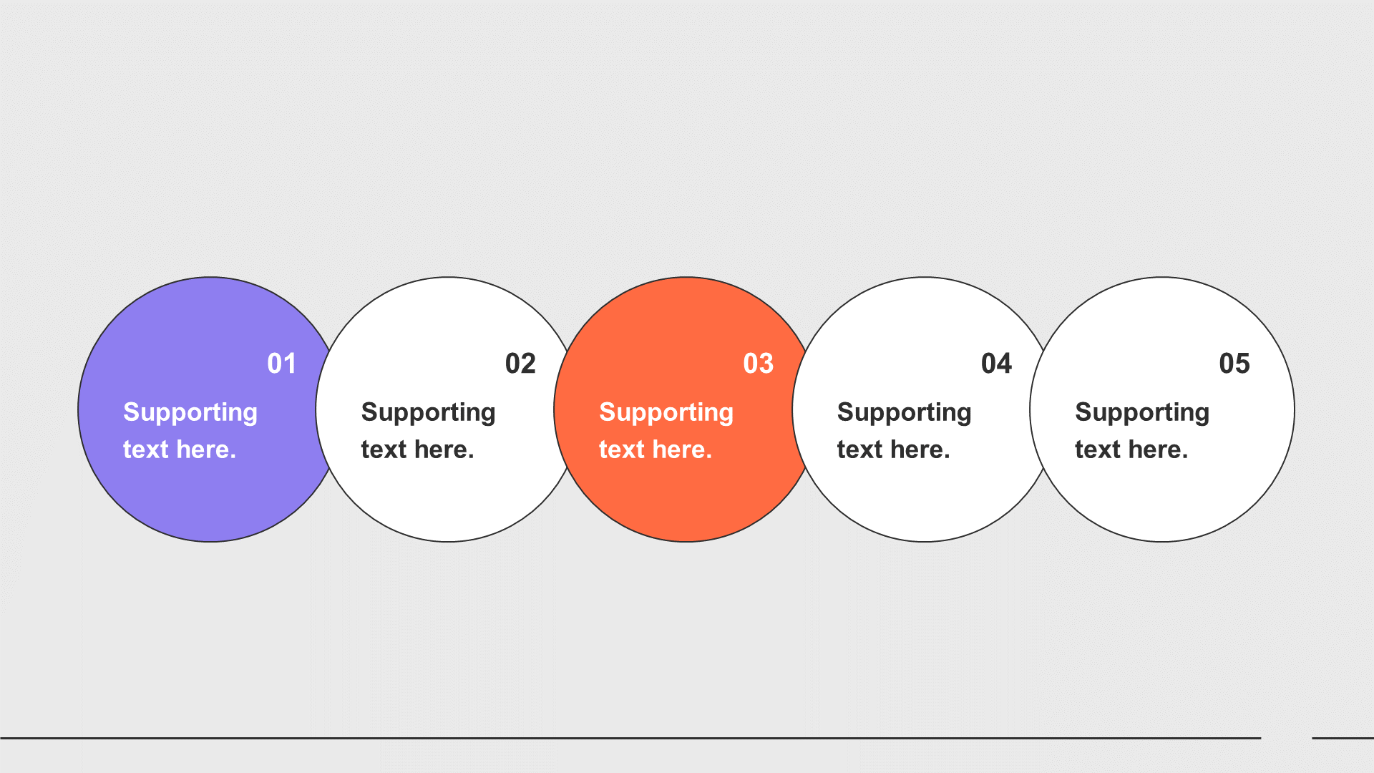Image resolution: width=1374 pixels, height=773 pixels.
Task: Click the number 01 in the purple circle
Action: coord(281,364)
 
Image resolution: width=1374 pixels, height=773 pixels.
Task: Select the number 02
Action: coord(520,364)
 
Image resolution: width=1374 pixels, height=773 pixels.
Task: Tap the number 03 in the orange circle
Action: coord(759,364)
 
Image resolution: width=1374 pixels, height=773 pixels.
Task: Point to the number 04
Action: coord(996,364)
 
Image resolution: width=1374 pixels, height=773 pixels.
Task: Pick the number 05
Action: coord(1234,364)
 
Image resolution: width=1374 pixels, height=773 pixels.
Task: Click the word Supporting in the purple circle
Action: coord(190,413)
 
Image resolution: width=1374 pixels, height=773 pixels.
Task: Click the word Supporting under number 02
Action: coord(429,413)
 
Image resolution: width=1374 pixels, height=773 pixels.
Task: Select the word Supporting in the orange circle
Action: coord(666,413)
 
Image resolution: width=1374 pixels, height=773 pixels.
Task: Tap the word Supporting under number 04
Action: coord(905,413)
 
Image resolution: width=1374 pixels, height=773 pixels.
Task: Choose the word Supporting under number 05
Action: coord(1142,413)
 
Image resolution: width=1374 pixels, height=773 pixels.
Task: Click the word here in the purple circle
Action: coord(206,449)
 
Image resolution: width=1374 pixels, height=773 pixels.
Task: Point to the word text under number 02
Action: coord(384,449)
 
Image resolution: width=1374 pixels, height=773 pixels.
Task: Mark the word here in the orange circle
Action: coord(682,449)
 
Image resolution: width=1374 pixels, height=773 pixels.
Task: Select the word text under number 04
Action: coord(859,449)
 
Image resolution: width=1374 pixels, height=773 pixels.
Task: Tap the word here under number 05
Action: coord(1158,449)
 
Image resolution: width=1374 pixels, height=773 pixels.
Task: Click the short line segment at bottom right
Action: coord(1343,738)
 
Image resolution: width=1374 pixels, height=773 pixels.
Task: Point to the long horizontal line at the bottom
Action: coord(630,738)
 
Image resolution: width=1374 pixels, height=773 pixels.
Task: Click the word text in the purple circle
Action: coord(145,449)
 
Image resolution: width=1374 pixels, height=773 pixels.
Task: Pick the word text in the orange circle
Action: coord(621,449)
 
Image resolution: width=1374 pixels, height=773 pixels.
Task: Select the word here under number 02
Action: coord(444,449)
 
